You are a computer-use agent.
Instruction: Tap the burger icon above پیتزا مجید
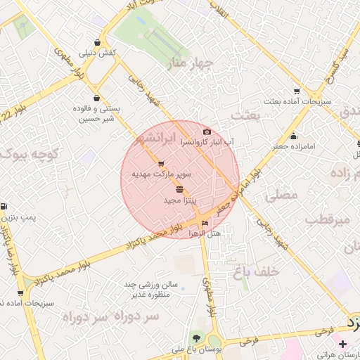point(180,190)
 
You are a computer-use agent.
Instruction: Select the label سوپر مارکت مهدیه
point(162,172)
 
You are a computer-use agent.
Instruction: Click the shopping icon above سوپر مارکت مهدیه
point(162,163)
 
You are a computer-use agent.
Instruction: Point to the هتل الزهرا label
point(205,233)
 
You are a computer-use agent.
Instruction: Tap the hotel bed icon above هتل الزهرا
point(205,224)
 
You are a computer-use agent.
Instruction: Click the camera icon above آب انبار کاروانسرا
point(206,132)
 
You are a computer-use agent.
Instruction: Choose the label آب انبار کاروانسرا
point(207,142)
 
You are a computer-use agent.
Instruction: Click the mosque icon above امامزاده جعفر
point(293,136)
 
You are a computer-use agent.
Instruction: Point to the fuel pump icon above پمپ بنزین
point(5,207)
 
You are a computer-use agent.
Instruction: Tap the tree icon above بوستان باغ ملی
point(195,339)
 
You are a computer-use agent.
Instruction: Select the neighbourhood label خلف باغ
point(257,270)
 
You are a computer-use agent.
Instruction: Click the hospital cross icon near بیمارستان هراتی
point(342,344)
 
